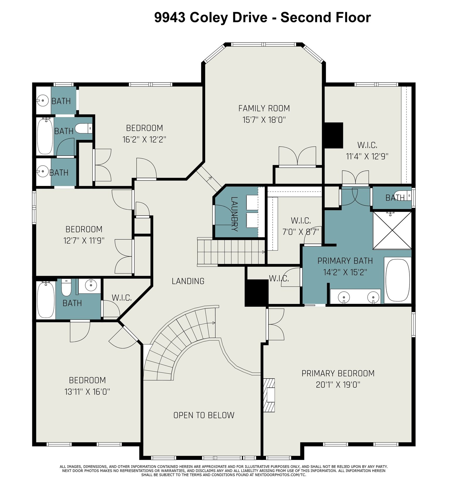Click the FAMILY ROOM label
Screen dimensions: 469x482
(x=264, y=108)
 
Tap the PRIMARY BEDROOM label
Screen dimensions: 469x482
(x=338, y=373)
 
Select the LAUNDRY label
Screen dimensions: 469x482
(x=235, y=214)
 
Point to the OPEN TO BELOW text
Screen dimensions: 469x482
(x=204, y=415)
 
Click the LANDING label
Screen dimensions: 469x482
(x=188, y=281)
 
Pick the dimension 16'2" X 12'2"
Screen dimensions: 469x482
(x=144, y=139)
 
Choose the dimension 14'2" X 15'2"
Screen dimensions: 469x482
(x=345, y=272)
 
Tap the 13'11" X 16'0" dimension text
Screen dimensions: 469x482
(x=87, y=392)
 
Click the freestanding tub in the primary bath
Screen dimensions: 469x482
(x=398, y=280)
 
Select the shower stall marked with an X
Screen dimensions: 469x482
(x=392, y=230)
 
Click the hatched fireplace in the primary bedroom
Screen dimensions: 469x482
(x=269, y=395)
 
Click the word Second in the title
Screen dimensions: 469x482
(x=301, y=17)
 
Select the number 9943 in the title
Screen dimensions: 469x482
(x=170, y=17)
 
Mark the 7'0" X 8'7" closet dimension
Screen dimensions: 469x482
(x=300, y=232)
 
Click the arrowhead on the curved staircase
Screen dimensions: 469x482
(x=214, y=323)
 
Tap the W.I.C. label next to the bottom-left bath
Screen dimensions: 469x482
(x=122, y=298)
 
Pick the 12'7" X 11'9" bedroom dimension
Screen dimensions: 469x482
(x=84, y=241)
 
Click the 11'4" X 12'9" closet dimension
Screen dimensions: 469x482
(x=367, y=156)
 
